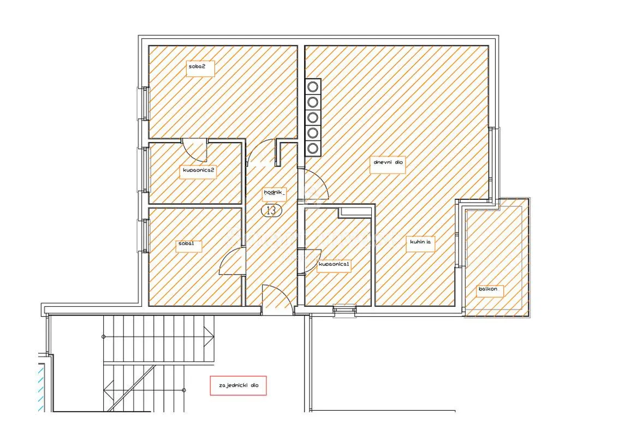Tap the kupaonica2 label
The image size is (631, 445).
pos(199,170)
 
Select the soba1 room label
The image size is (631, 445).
pos(189,244)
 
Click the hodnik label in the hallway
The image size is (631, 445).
pos(274,193)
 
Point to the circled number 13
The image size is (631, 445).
pos(271,210)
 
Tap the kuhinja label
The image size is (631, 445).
pos(420,242)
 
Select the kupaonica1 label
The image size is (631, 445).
pos(334,265)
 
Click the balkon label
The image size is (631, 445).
pos(489,289)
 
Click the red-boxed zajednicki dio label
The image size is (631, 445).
pos(238,385)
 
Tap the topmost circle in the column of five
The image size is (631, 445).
pos(313,86)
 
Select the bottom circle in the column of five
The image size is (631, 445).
pos(313,149)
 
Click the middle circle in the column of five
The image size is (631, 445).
pos(313,117)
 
